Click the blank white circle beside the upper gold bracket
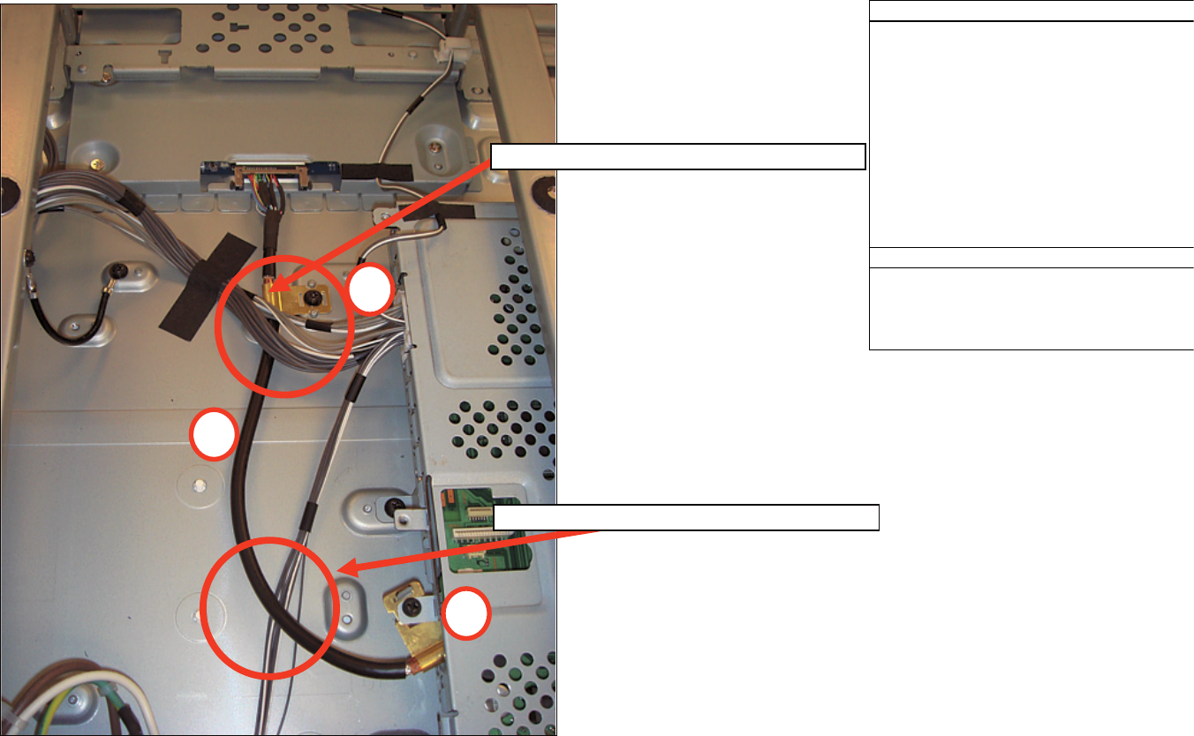click(368, 289)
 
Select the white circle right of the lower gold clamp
click(466, 613)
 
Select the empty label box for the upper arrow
click(677, 157)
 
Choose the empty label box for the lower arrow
click(686, 517)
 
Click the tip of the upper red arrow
click(271, 289)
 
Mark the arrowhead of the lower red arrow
click(339, 571)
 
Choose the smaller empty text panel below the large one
click(1031, 308)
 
